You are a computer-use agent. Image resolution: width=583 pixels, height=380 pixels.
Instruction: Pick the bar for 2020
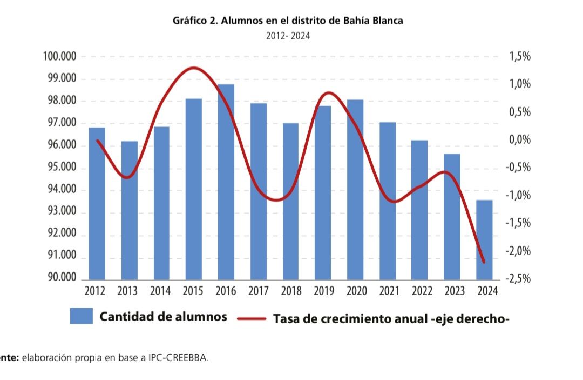[355, 189]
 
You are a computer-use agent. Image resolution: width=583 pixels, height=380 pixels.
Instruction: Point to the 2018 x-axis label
[291, 291]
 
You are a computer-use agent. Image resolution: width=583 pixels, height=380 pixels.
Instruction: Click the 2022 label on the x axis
[422, 291]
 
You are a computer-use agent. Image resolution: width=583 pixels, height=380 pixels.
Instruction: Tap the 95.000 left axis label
[60, 168]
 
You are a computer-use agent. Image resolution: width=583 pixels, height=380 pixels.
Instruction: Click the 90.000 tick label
[60, 278]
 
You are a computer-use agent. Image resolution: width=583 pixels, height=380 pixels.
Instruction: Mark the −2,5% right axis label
[518, 279]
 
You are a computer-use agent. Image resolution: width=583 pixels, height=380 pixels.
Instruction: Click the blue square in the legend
[82, 316]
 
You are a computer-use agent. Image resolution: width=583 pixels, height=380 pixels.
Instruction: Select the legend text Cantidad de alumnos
[163, 317]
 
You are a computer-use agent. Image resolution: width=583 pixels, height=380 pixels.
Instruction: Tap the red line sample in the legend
[252, 318]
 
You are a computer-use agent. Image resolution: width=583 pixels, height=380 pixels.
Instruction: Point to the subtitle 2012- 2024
[288, 36]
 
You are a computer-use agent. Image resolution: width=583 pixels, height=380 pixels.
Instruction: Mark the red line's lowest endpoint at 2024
[484, 262]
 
